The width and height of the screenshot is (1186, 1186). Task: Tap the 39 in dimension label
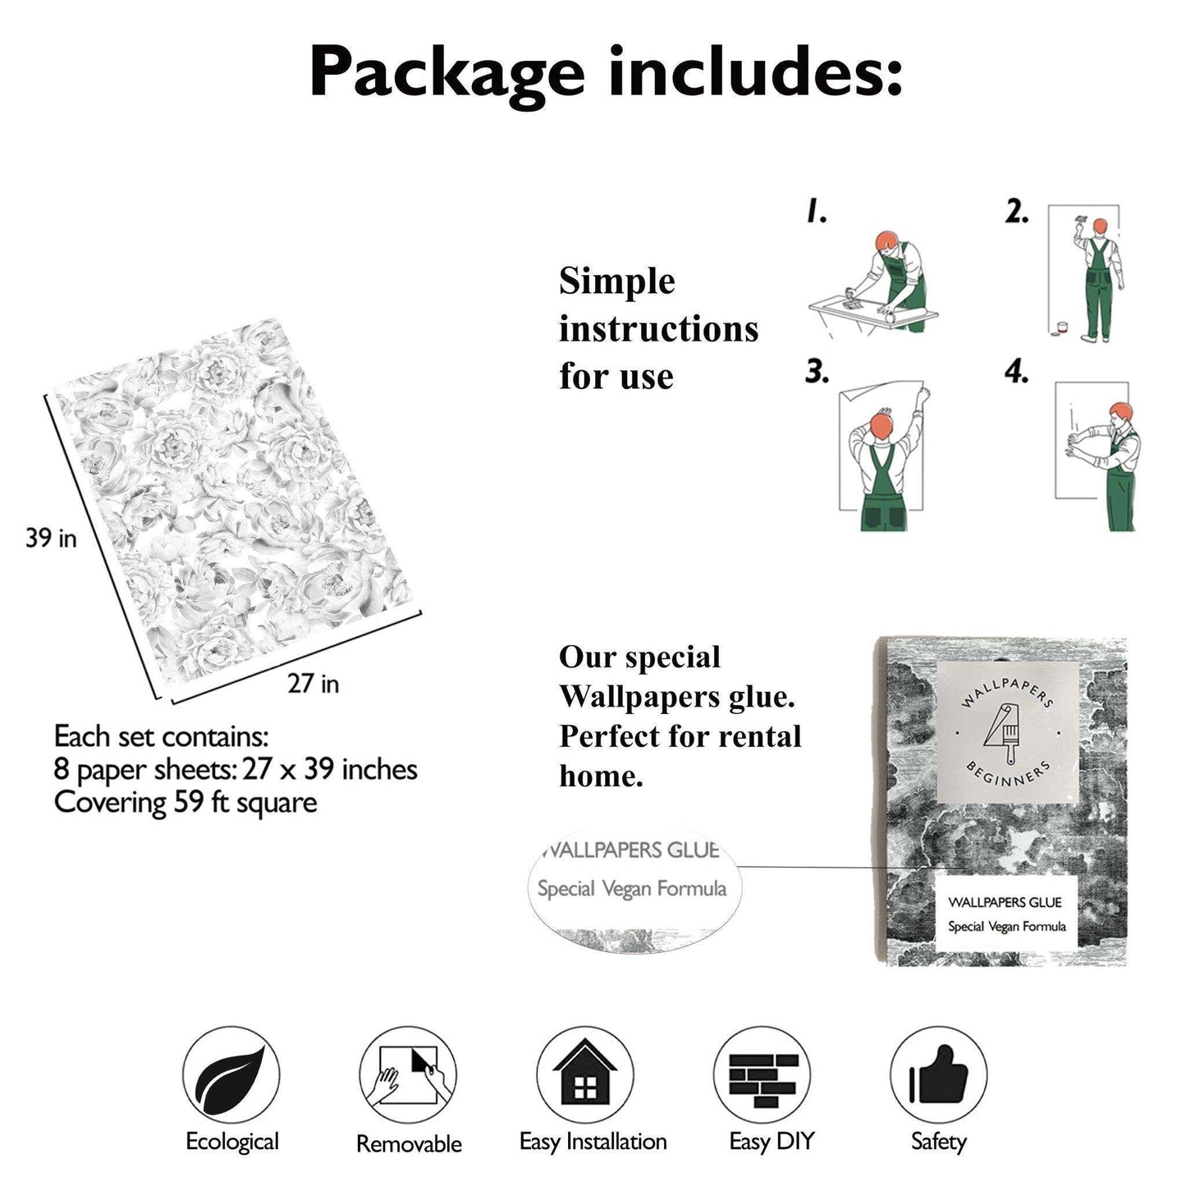[x=51, y=538]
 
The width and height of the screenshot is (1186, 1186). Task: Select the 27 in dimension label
[x=314, y=683]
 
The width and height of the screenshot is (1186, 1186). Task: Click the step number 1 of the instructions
[x=816, y=213]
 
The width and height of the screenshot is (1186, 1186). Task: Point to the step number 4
[x=1016, y=372]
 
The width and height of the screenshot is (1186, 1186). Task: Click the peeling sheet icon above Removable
[x=407, y=1075]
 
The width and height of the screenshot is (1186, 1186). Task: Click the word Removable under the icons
[x=409, y=1144]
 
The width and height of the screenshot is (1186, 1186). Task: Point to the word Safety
[x=939, y=1142]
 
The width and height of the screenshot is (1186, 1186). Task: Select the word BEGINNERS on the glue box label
[x=1008, y=774]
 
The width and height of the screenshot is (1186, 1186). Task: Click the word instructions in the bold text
[x=658, y=329]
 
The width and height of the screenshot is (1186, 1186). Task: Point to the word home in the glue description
[x=601, y=776]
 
